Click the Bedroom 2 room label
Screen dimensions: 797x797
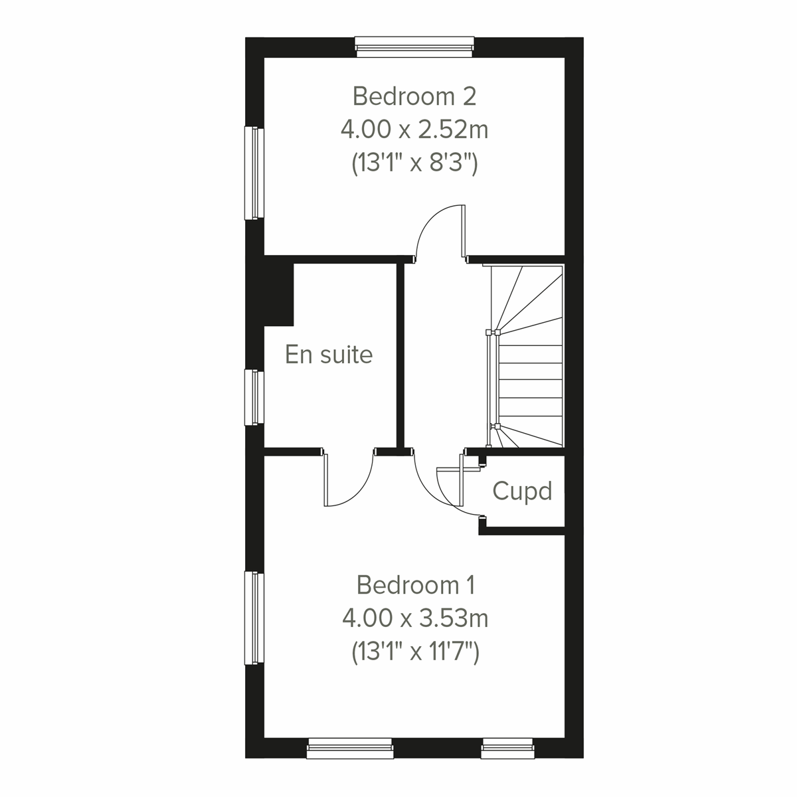point(414,96)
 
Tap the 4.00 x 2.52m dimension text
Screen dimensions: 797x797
point(414,130)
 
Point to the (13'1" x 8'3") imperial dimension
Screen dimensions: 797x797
point(414,163)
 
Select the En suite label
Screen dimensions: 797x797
point(329,355)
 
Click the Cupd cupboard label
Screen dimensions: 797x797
point(522,491)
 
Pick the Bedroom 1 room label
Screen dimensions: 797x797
point(416,585)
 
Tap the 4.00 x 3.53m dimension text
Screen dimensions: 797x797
point(416,619)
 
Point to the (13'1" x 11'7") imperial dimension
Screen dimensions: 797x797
point(416,653)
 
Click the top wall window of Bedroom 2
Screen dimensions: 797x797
point(414,44)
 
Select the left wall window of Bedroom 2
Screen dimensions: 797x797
point(254,173)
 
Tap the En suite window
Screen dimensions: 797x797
point(254,397)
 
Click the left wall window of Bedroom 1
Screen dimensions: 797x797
point(254,618)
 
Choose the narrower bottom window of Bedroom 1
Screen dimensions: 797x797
point(508,750)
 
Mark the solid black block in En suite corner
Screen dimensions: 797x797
point(278,292)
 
